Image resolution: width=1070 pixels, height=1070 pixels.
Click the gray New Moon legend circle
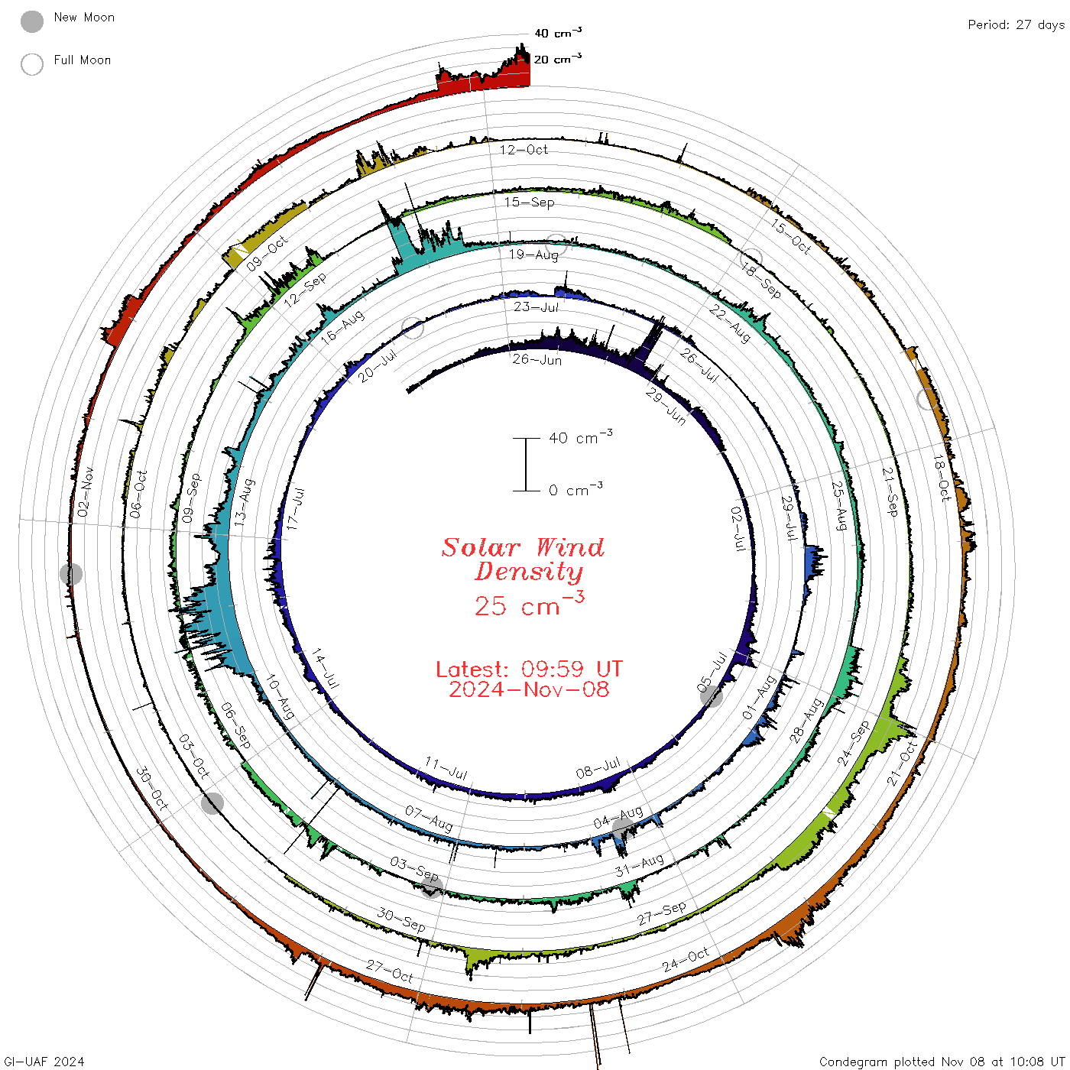(x=31, y=21)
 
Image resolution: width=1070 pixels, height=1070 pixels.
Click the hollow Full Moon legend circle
(x=31, y=64)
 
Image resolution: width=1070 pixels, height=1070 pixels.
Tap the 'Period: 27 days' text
(x=1016, y=25)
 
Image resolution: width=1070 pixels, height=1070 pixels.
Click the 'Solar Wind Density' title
(x=523, y=559)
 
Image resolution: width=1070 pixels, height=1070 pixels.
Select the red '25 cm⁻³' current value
(x=529, y=604)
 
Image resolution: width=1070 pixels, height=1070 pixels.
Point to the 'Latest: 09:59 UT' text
(x=529, y=669)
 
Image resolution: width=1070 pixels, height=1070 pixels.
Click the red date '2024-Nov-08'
(x=529, y=689)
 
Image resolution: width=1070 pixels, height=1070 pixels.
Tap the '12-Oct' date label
(x=524, y=149)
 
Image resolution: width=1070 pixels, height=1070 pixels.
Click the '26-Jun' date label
(x=537, y=359)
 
